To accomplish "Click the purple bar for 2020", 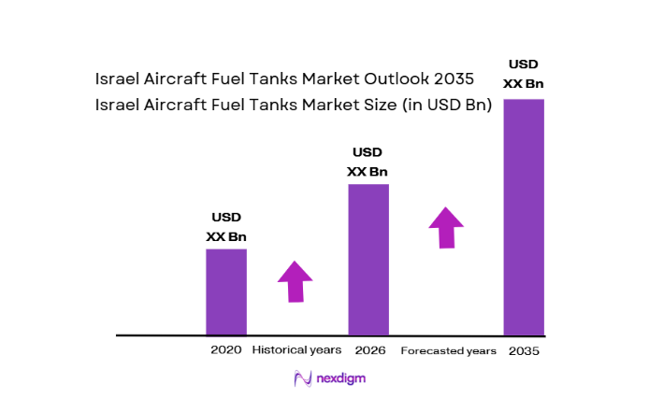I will (226, 291).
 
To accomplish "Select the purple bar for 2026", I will (368, 259).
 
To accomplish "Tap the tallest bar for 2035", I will (524, 216).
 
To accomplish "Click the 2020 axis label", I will (225, 350).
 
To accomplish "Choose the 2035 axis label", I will (524, 351).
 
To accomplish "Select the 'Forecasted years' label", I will (448, 351).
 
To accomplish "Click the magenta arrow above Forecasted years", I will (446, 227).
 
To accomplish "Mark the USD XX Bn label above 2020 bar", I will (226, 227).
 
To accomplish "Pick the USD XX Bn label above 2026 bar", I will (368, 162).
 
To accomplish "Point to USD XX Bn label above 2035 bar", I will (524, 73).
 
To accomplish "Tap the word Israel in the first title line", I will (119, 79).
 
